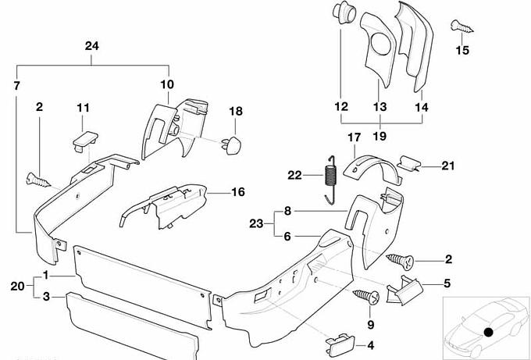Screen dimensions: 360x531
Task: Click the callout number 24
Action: coord(92,47)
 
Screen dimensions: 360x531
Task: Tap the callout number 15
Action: coord(462,50)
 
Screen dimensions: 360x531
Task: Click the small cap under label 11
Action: coord(84,139)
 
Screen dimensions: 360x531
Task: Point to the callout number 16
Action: coord(237,191)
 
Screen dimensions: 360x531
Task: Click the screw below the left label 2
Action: coord(38,178)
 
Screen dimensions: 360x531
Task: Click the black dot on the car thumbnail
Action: coord(488,332)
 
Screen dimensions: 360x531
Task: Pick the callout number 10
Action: coord(169,84)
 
